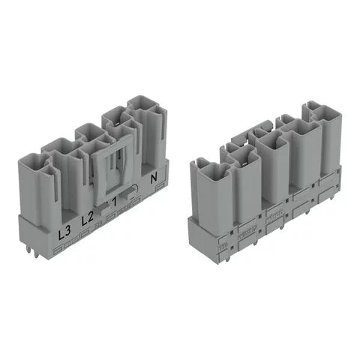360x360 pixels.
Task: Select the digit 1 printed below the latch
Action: pos(115,202)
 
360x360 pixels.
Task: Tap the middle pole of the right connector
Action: pos(274,165)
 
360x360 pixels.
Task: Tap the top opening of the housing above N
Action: pos(142,104)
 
